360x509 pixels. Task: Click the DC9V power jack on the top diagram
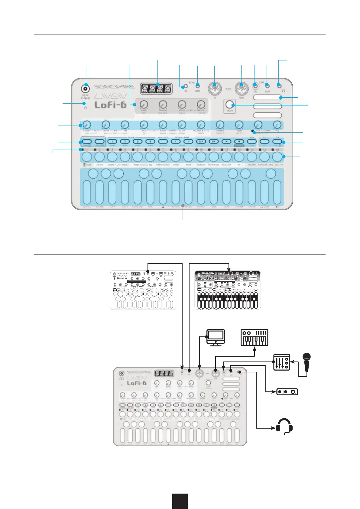(86, 89)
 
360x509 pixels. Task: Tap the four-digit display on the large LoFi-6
(156, 89)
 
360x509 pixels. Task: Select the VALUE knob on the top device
(230, 105)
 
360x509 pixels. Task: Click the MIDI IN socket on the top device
(214, 89)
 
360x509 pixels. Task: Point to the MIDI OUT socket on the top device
(242, 89)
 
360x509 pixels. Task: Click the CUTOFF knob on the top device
(87, 125)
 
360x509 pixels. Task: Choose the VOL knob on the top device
(277, 125)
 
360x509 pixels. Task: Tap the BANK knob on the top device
(144, 105)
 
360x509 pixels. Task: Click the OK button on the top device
(214, 141)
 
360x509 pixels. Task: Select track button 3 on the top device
(138, 141)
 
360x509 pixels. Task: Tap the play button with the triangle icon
(226, 141)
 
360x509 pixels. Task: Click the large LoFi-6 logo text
(110, 105)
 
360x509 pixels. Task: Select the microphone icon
(307, 362)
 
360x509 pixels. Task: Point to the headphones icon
(284, 426)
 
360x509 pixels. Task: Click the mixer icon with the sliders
(281, 362)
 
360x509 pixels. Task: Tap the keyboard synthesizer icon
(254, 337)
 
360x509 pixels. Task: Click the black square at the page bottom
(180, 501)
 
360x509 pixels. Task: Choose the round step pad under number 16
(277, 157)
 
